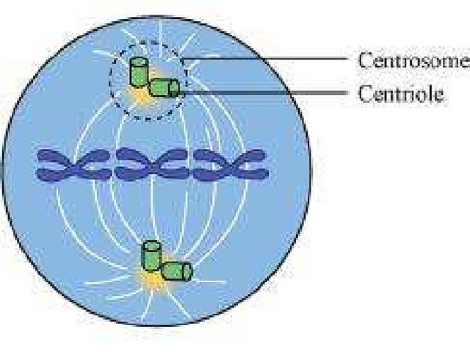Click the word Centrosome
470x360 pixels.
(x=412, y=60)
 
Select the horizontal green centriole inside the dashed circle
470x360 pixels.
(x=164, y=89)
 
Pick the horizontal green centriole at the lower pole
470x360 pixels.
(x=176, y=271)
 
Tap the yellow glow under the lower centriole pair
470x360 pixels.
(x=153, y=280)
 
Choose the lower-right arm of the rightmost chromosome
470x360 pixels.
(x=254, y=174)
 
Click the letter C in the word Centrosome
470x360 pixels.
(x=364, y=60)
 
